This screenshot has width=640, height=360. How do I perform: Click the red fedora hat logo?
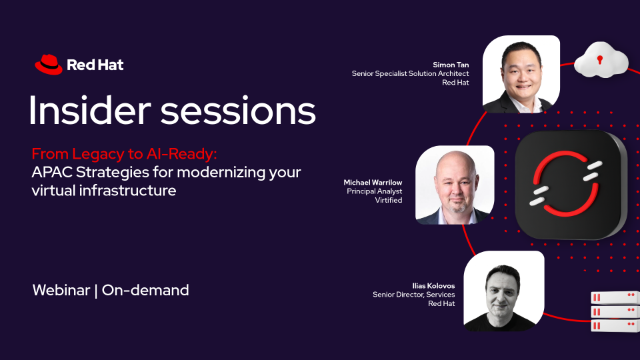(x=49, y=64)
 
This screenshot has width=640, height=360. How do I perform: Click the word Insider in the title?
(x=90, y=110)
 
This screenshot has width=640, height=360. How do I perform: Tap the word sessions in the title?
(x=238, y=110)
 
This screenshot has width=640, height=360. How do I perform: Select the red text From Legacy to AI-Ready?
(x=124, y=154)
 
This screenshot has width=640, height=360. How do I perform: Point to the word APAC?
(x=52, y=172)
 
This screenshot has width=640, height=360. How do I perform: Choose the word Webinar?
(x=61, y=290)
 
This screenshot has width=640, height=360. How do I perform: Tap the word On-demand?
(x=145, y=290)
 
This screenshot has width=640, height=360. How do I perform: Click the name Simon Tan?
(x=451, y=64)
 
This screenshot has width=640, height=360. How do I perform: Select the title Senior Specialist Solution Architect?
(x=410, y=73)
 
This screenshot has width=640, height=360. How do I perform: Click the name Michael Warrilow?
(x=373, y=182)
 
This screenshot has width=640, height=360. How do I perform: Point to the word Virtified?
(x=389, y=200)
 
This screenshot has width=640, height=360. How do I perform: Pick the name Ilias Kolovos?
(x=433, y=286)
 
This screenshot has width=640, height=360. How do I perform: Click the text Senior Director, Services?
(x=413, y=294)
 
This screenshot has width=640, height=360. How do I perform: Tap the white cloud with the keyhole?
(x=601, y=60)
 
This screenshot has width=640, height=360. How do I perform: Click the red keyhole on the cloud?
(x=600, y=60)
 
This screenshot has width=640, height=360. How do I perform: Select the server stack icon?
(x=615, y=311)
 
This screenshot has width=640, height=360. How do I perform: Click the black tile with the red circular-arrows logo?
(x=570, y=184)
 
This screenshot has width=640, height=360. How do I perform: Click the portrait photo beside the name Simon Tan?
(x=521, y=74)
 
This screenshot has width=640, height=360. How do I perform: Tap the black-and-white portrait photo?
(x=504, y=291)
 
